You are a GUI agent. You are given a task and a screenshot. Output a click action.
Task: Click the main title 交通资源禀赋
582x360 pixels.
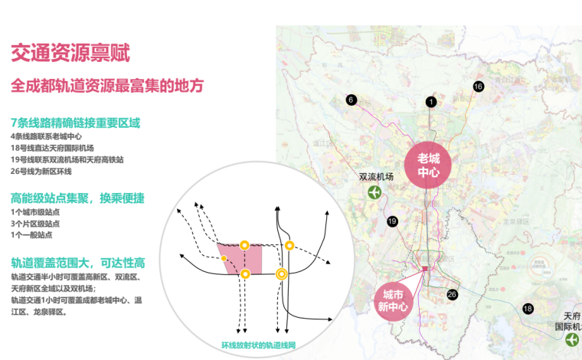[x=70, y=53]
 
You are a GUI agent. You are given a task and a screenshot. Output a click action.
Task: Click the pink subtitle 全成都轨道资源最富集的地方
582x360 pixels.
[x=107, y=86]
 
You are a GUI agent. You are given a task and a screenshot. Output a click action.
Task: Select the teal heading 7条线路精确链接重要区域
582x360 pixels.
[x=76, y=123]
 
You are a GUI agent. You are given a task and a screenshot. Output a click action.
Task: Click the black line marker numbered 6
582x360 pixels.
[x=351, y=100]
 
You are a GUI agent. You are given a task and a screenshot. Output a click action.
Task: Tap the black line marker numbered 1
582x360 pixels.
[x=431, y=102]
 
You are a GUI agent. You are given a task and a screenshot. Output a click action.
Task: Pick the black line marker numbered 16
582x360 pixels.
[x=479, y=87]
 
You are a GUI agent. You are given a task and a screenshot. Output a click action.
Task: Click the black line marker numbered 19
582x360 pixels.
[x=392, y=221]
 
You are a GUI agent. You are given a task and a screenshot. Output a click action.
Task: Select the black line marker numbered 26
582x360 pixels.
[x=452, y=294]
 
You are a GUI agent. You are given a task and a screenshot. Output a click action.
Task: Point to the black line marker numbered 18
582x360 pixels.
[x=528, y=309]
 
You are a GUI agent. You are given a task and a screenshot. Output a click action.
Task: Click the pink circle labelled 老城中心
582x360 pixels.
[x=428, y=165]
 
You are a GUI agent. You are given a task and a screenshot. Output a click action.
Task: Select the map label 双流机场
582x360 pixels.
[x=376, y=176]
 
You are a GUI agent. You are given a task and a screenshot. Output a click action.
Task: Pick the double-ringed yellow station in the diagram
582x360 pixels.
[x=282, y=273]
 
